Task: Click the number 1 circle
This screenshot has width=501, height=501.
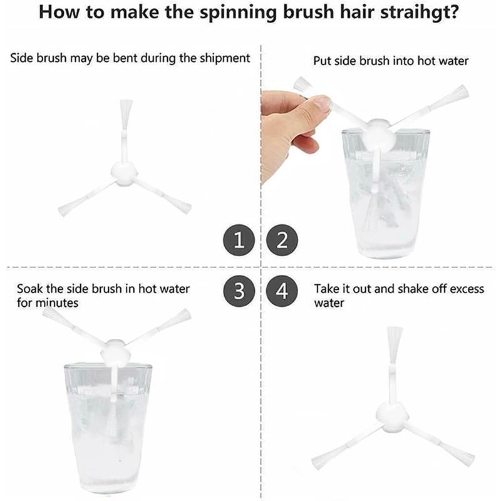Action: click(x=239, y=240)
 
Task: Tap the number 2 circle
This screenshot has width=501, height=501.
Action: click(x=282, y=240)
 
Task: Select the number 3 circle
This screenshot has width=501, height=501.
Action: click(x=239, y=291)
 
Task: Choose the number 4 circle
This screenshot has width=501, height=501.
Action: click(x=282, y=291)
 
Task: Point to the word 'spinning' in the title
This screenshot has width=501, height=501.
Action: click(x=238, y=13)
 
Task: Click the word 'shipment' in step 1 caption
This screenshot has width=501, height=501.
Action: click(x=225, y=58)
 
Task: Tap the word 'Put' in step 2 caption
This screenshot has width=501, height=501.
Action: click(x=322, y=61)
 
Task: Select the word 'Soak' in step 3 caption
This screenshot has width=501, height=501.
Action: click(x=29, y=289)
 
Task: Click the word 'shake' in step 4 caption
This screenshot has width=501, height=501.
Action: click(x=413, y=289)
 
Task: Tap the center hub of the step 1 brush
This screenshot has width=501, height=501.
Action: click(x=124, y=174)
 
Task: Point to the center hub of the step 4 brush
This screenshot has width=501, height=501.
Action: click(x=392, y=415)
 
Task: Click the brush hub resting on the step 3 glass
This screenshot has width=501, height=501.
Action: click(x=115, y=353)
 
